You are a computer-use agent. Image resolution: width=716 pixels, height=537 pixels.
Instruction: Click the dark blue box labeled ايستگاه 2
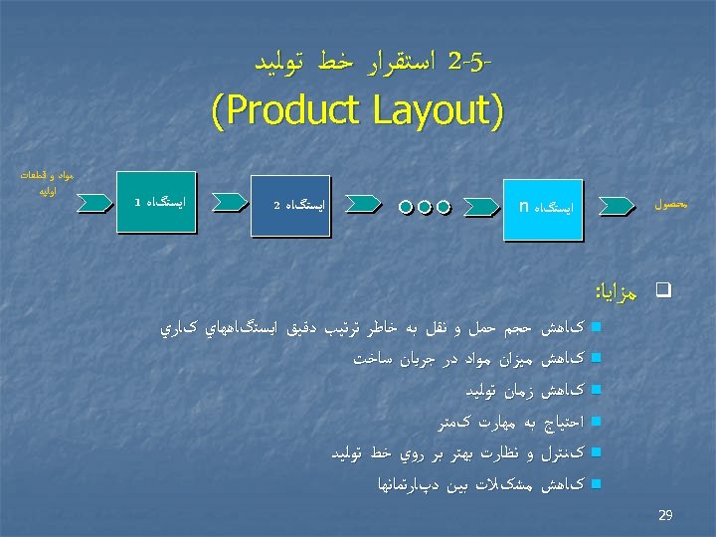[x=289, y=206]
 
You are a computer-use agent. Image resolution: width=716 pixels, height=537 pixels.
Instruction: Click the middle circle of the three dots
[x=426, y=208]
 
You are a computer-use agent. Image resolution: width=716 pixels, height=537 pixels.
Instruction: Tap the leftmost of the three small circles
[x=407, y=208]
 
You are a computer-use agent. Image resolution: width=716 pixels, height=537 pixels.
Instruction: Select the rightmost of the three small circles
[x=444, y=208]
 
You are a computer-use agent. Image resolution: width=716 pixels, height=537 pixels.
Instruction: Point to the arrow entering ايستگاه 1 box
[x=94, y=203]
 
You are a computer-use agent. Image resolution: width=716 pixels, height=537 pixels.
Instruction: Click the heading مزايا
[x=617, y=291]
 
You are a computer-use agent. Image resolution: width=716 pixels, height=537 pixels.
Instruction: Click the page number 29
[x=665, y=514]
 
